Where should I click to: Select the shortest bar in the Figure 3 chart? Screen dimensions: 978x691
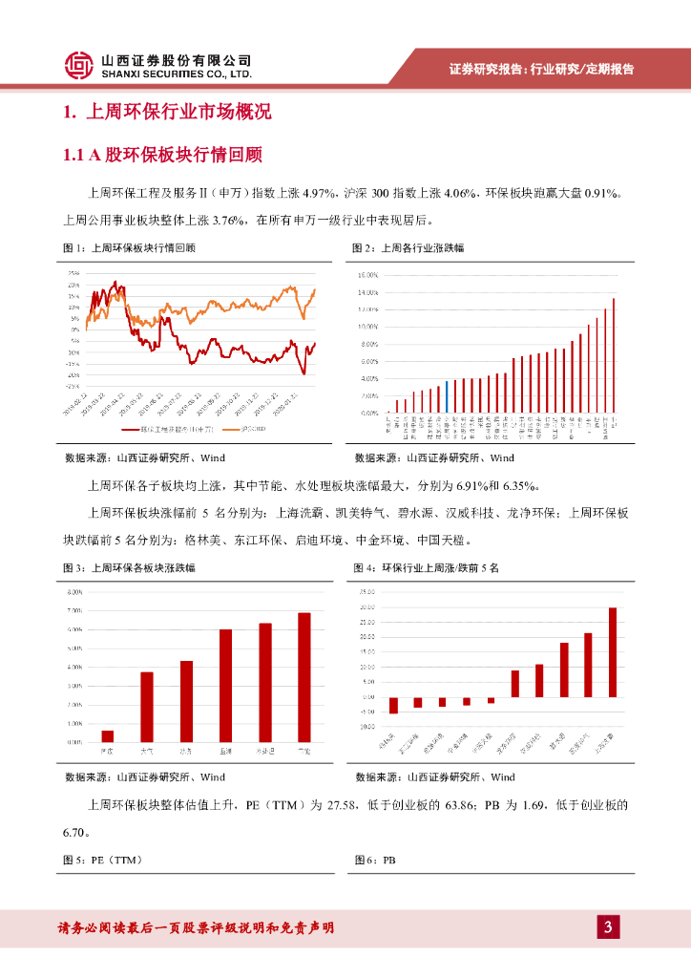(x=108, y=735)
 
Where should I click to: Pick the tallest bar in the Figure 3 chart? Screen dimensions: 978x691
(x=304, y=677)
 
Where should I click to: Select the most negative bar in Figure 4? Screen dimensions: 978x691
(x=393, y=706)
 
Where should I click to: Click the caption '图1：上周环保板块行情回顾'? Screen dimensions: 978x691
(x=129, y=248)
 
